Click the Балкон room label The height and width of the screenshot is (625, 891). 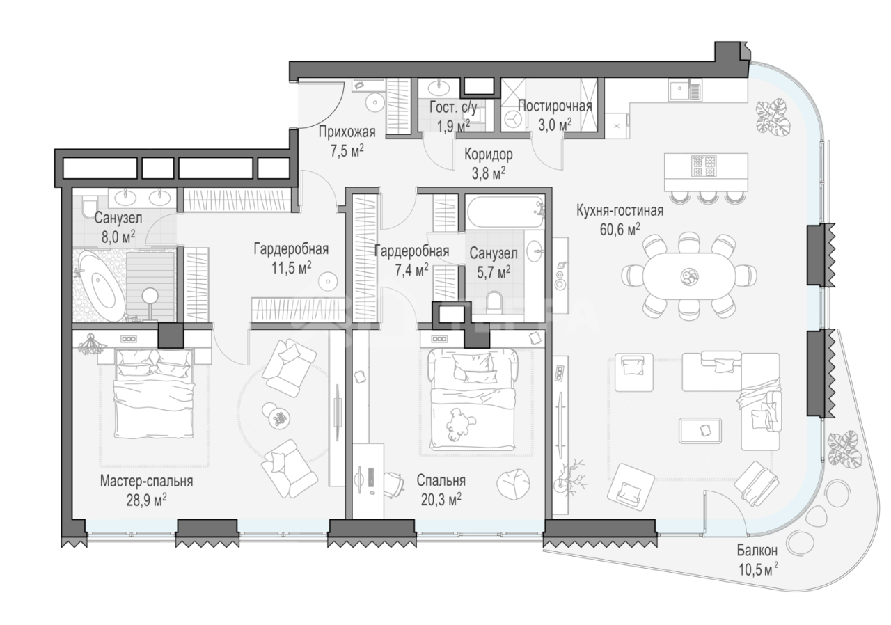pos(757,551)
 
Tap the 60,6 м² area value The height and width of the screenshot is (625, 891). pos(620,230)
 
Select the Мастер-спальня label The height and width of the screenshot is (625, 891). pos(146,482)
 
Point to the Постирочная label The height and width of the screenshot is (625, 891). pos(555,106)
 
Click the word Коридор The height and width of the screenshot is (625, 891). pos(489,155)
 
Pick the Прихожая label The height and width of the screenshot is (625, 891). pos(347,132)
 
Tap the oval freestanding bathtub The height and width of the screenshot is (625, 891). pos(100,285)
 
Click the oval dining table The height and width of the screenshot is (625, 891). pos(688,275)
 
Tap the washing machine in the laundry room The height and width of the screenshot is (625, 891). pos(513,119)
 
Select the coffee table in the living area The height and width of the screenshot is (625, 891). pos(700,431)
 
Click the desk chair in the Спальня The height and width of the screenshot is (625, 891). pos(394,484)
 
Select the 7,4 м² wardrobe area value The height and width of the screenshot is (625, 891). pos(411,270)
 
